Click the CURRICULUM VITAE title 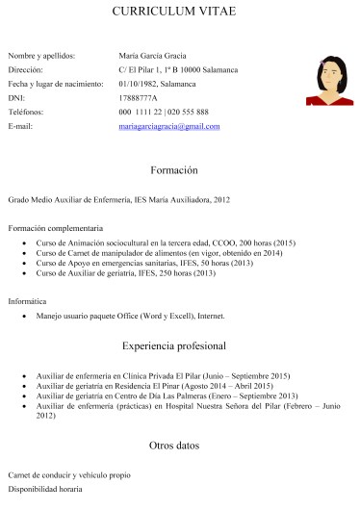tap(180, 13)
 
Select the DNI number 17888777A tap(138, 98)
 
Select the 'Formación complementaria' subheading tap(55, 228)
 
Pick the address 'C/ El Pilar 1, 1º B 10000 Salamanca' tap(178, 70)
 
